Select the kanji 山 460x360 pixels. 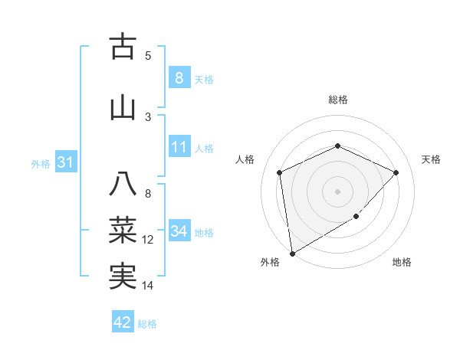coord(123,107)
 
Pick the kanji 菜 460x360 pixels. coord(123,229)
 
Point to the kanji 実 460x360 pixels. coord(123,276)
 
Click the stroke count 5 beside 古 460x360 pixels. coord(148,56)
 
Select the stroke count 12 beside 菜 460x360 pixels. coord(148,240)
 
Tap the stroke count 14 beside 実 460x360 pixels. coord(148,286)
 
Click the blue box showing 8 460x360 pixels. coord(179,77)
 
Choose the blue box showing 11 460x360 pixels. coord(179,147)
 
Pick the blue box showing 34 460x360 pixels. coord(179,231)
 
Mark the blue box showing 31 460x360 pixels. coord(65,162)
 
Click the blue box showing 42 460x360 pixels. coord(123,322)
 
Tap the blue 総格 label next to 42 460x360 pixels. coord(147,324)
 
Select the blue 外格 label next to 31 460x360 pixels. coord(40,164)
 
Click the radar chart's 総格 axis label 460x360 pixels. coord(337,100)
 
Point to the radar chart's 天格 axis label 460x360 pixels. coord(431,159)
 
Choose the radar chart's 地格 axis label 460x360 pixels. coord(402,263)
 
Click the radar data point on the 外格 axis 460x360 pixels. coord(292,253)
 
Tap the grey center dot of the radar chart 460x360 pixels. coord(337,191)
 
